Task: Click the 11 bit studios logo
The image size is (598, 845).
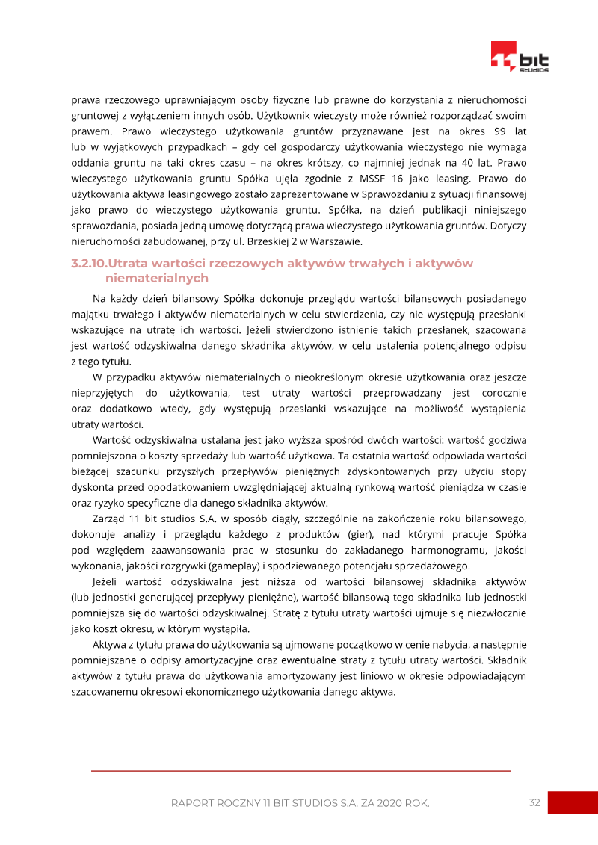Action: tap(520, 58)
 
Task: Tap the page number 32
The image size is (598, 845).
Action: tap(534, 802)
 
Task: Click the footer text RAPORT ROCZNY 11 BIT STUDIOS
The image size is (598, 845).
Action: tap(300, 803)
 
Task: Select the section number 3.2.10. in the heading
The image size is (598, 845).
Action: tap(89, 264)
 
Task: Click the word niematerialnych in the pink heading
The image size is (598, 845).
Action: tap(157, 278)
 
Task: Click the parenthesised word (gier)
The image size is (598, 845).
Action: tap(362, 534)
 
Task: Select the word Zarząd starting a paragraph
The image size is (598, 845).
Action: tap(109, 519)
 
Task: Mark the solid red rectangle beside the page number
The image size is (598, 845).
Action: tap(573, 803)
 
